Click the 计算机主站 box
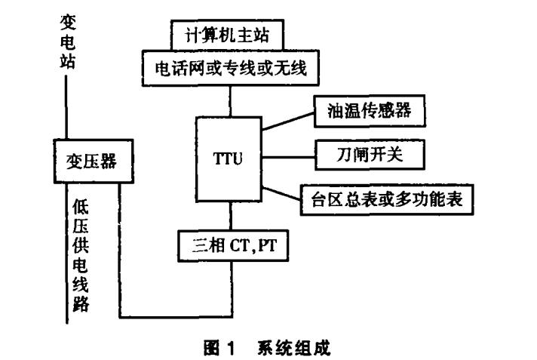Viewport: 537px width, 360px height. (227, 35)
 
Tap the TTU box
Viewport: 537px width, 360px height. (227, 160)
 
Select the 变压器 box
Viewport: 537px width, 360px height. (90, 161)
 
